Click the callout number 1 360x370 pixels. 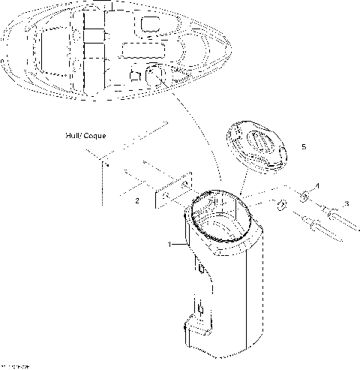(x=171, y=244)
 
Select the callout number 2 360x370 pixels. (x=136, y=201)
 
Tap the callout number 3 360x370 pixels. (x=345, y=203)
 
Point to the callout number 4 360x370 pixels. (x=316, y=185)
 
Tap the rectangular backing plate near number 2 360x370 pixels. (x=172, y=194)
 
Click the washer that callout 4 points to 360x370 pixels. (x=305, y=198)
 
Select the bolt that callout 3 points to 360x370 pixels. (x=334, y=214)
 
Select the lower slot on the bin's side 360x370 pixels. (x=201, y=306)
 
